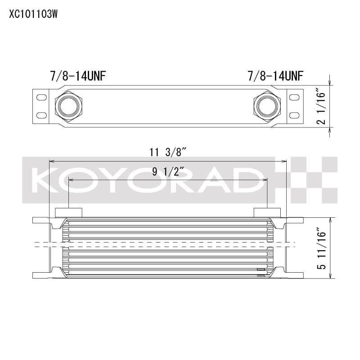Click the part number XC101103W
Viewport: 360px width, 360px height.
[x=33, y=13]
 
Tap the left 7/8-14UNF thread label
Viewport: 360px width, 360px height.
[x=78, y=76]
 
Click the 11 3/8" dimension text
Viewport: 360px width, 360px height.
[x=168, y=152]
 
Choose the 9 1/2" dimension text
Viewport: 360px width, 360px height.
[x=168, y=171]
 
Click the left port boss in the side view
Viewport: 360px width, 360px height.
[x=68, y=212]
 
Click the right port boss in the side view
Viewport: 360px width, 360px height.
[x=267, y=212]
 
